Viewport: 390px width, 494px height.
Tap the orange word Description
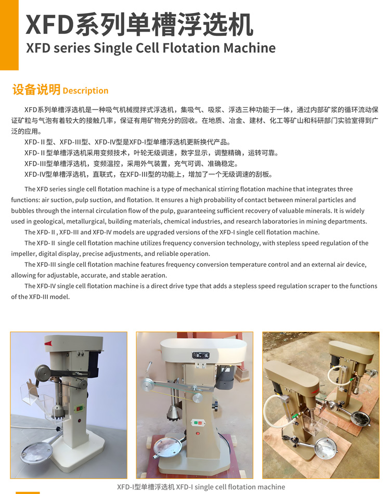[x=85, y=90]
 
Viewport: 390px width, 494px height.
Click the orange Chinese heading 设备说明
[x=36, y=89]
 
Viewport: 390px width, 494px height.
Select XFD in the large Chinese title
[x=49, y=25]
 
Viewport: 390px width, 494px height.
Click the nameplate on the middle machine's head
[x=200, y=356]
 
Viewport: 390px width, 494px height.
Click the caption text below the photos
[x=201, y=487]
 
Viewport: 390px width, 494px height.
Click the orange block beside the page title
[x=9, y=34]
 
